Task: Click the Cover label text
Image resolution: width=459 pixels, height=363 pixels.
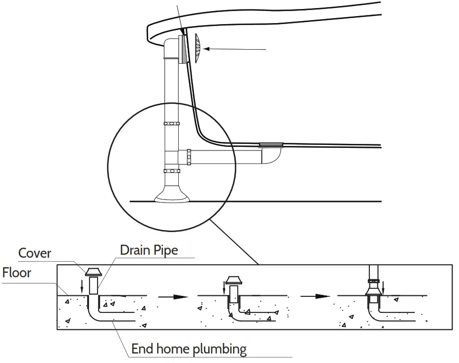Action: pyautogui.click(x=35, y=253)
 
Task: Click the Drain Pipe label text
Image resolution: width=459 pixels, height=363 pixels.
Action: pyautogui.click(x=149, y=250)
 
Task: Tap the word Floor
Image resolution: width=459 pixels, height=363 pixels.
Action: pyautogui.click(x=17, y=273)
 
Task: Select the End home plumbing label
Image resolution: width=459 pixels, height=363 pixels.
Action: pyautogui.click(x=189, y=348)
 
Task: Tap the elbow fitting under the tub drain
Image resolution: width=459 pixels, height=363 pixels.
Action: pyautogui.click(x=271, y=155)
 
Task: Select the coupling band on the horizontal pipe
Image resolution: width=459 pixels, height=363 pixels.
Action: pyautogui.click(x=189, y=156)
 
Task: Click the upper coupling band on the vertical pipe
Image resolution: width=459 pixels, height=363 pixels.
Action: pyautogui.click(x=171, y=123)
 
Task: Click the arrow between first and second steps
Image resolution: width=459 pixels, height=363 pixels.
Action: pyautogui.click(x=173, y=297)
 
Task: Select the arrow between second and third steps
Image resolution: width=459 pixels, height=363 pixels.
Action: pyautogui.click(x=315, y=297)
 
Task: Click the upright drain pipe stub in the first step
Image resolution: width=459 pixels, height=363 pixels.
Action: pyautogui.click(x=93, y=287)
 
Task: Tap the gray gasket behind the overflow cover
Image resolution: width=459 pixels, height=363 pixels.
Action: pyautogui.click(x=184, y=50)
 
